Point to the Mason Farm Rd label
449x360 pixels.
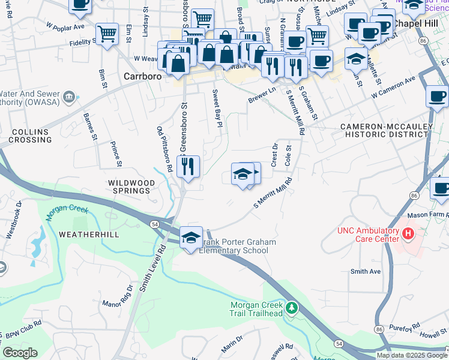[428, 214]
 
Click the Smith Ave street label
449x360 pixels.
[366, 272]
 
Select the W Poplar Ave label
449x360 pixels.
[65, 27]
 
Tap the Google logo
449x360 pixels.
[20, 353]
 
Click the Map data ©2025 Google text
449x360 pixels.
[412, 355]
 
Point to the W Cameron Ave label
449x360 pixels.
[393, 88]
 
